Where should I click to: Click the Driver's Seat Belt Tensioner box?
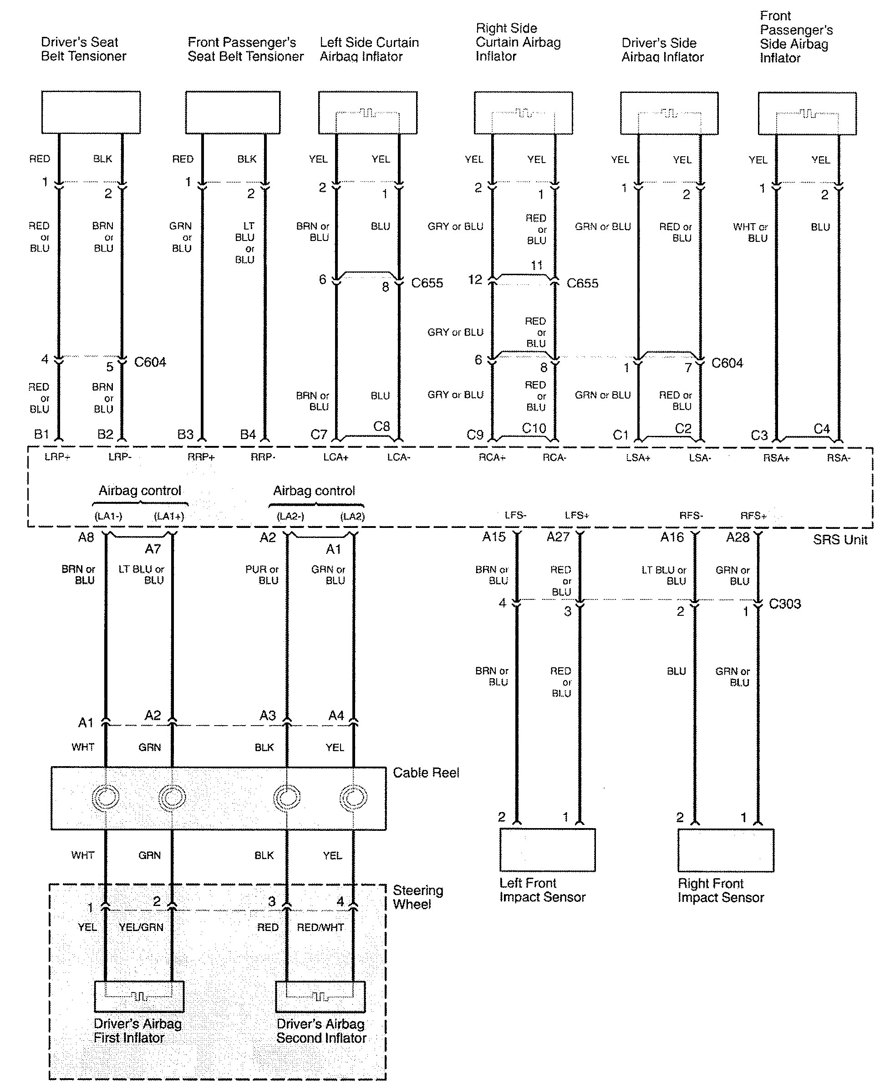(91, 112)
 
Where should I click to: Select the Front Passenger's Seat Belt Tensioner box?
(233, 112)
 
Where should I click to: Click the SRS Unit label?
(839, 540)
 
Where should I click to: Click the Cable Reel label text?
(426, 773)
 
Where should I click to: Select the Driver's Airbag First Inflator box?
(139, 996)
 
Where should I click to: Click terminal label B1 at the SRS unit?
(41, 434)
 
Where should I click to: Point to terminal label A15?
(494, 537)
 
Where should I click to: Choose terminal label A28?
(737, 537)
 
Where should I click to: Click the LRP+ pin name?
(57, 457)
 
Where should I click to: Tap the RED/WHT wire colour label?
(320, 927)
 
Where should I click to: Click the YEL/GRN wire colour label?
(141, 927)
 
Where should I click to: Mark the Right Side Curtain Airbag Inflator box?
(523, 113)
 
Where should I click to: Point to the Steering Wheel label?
(417, 897)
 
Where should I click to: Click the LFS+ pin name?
(577, 516)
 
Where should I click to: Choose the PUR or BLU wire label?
(263, 575)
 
